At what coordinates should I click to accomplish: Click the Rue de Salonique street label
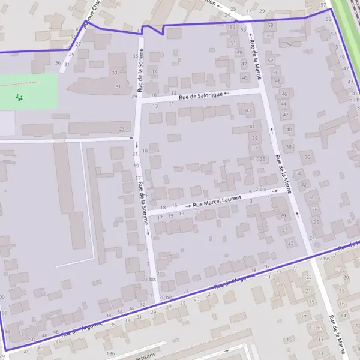coord(196,95)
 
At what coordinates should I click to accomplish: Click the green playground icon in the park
coord(19,97)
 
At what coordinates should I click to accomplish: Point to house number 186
coord(110,354)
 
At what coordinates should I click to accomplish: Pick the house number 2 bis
coord(261,189)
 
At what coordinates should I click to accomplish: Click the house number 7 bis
coord(325,258)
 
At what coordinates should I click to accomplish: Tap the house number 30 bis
coord(166,298)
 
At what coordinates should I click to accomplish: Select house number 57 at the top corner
coord(324,5)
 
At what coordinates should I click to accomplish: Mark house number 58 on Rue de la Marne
coord(271,25)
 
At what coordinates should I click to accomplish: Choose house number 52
coord(270,60)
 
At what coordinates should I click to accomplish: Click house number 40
coord(289,129)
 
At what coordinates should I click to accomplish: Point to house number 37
coord(255,148)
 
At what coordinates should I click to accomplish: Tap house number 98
coord(5,313)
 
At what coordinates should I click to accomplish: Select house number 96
coord(7,331)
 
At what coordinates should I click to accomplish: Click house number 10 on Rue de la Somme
coord(145,151)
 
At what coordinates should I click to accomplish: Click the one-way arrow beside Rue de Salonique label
coord(227,94)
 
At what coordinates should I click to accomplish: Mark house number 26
coord(316,222)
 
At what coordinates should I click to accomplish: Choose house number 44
coord(285,103)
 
